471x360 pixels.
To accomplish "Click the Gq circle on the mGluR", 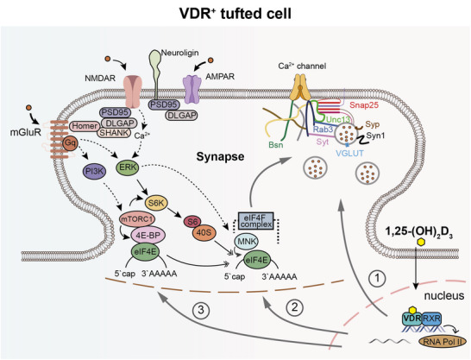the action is coord(70,144).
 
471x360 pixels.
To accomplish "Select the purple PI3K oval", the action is coord(94,172).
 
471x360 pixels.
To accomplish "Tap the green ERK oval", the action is coord(128,167).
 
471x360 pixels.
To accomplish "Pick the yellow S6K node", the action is coord(156,203).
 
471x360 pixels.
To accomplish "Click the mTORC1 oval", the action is coord(136,219).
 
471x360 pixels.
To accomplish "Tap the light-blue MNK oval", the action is coord(246,242).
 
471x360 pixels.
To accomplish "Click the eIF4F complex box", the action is coord(256,221).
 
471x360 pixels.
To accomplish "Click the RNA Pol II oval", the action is coord(443,341).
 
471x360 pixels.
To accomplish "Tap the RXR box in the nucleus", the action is coord(431,319).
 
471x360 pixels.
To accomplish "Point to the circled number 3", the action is coord(201,310).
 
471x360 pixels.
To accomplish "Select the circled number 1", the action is coord(377,278).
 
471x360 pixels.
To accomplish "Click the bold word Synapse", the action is coord(220,156).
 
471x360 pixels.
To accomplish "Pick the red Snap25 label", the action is coord(364,105).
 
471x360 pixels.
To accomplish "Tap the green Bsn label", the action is coord(276,145).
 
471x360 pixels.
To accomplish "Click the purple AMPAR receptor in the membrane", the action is coord(192,89).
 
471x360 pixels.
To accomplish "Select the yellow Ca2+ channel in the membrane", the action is coord(299,87).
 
